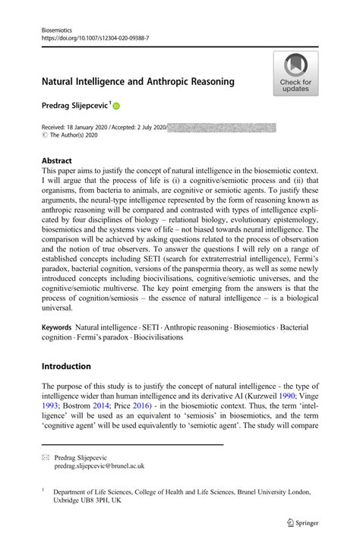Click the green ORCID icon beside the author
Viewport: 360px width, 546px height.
point(117,107)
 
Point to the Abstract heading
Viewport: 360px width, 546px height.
point(57,162)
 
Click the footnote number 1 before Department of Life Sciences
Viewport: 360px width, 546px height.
point(45,490)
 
